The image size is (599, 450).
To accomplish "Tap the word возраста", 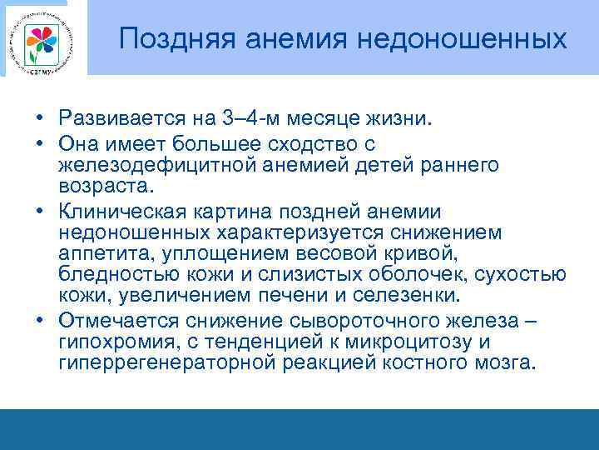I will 99,187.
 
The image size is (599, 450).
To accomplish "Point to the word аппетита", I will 99,253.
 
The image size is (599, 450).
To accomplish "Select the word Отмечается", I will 116,320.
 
